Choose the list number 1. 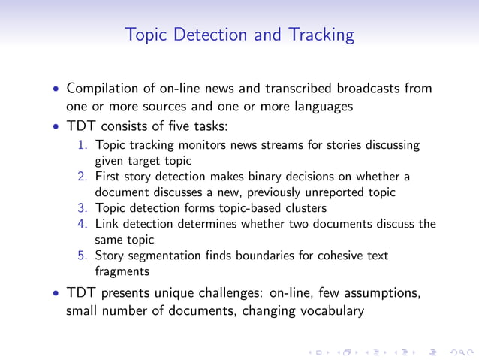pos(83,145)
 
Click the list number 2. pos(83,177)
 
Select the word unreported pos(336,192)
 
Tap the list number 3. pos(83,208)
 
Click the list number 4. pos(83,224)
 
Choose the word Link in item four pos(107,224)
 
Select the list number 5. pos(83,256)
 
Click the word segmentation pos(164,256)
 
